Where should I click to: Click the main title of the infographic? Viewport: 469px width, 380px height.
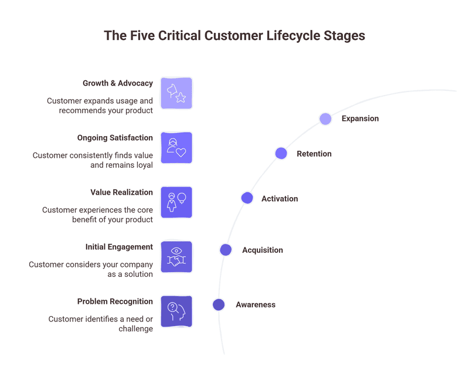(x=235, y=35)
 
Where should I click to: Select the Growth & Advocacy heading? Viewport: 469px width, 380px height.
(x=117, y=83)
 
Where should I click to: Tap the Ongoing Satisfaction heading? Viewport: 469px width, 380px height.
(x=115, y=138)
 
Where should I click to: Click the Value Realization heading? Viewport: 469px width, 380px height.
(x=121, y=192)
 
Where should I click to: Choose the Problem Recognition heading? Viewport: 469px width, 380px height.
(x=115, y=301)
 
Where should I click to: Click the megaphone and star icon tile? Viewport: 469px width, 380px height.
(x=176, y=93)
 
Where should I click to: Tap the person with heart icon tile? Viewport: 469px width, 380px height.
(x=176, y=148)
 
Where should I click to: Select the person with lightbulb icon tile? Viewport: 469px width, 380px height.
(x=176, y=202)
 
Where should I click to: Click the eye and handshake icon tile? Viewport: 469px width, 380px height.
(x=176, y=257)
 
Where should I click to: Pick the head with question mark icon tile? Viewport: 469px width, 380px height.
(x=176, y=311)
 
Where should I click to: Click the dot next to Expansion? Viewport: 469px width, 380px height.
(x=325, y=119)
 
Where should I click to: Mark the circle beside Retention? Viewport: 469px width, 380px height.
(x=281, y=154)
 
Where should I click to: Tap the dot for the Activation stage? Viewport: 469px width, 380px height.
(x=247, y=198)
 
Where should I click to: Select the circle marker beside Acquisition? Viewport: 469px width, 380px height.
(x=226, y=250)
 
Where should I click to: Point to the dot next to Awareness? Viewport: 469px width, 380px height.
(x=219, y=304)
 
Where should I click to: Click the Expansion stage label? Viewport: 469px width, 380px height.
(x=360, y=118)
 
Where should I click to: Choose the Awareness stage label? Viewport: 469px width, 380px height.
(x=256, y=304)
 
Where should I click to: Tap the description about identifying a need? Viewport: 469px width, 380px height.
(x=100, y=324)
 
